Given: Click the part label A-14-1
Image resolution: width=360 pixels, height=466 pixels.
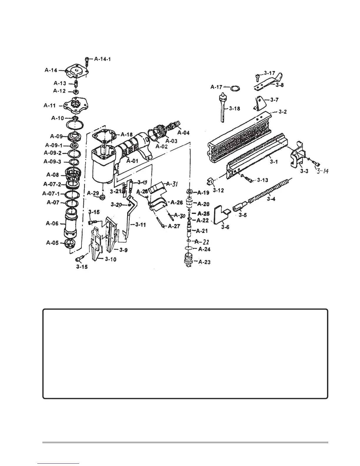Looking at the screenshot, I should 102,59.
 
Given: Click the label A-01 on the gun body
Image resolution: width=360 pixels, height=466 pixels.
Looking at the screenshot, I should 132,161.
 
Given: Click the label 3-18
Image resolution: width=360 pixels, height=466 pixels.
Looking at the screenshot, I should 234,109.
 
